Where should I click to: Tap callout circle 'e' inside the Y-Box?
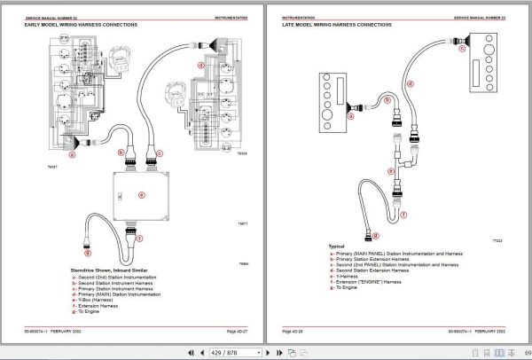coord(141,194)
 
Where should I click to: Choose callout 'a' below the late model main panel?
coord(349,115)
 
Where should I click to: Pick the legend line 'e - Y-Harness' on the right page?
coord(347,275)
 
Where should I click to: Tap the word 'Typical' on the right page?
coord(336,247)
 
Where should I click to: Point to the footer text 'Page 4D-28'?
coord(293,332)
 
